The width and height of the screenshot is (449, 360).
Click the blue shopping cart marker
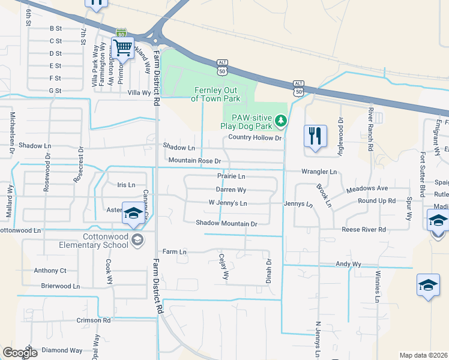tap(123, 47)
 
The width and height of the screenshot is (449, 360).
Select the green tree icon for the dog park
tap(280, 122)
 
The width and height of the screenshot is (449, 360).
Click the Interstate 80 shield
tap(121, 33)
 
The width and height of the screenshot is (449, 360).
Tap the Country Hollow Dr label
tap(255, 138)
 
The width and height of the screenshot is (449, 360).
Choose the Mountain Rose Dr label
tap(195, 161)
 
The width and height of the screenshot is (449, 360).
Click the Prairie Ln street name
tap(231, 176)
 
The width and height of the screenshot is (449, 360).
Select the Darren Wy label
tap(231, 190)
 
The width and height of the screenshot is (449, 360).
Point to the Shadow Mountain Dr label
tap(226, 223)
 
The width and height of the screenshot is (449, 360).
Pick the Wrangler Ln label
tap(319, 172)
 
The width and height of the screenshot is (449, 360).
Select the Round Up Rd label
tap(376, 201)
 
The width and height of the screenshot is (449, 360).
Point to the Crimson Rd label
tap(94, 320)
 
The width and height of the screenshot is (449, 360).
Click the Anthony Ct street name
tap(50, 271)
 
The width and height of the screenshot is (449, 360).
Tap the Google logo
tap(20, 352)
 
